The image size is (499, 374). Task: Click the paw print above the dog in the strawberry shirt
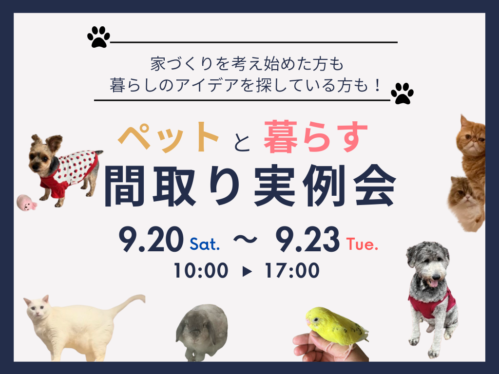point(98,37)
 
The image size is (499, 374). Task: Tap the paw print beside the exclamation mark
point(402,93)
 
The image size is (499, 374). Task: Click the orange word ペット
point(169,137)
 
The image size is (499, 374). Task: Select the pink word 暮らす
point(316,137)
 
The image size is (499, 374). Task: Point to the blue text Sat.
point(205,244)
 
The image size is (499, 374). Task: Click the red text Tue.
point(362,244)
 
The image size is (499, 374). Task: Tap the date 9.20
point(151,239)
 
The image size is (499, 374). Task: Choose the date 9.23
point(307,239)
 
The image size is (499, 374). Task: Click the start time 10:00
point(201,271)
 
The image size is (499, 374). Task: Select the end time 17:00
point(292,271)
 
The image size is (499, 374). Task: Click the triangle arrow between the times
point(247,271)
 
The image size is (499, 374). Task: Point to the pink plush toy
point(26,203)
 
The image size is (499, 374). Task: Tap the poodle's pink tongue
point(433,283)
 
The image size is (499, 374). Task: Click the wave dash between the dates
point(245,239)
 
